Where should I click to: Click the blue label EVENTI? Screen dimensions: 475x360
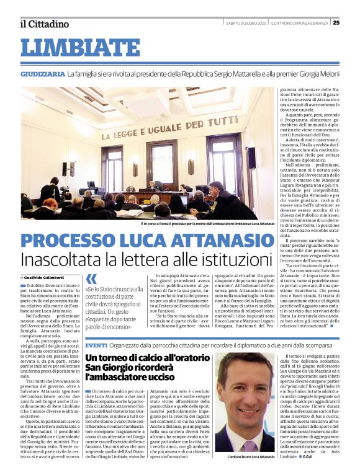tap(96, 345)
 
